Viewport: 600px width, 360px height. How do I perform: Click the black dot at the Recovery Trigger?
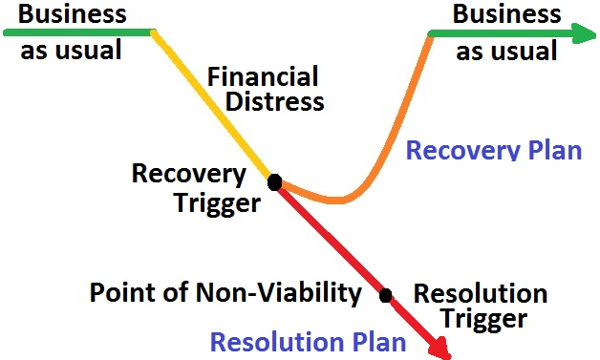[275, 182]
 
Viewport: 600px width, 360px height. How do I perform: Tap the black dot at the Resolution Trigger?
[386, 296]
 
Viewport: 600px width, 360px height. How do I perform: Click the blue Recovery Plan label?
[494, 150]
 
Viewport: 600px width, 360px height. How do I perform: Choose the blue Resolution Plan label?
[308, 341]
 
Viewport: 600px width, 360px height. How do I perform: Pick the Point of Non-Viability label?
[225, 292]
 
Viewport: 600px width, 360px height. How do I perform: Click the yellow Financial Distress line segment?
[210, 105]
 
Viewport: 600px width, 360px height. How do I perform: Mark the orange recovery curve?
[382, 162]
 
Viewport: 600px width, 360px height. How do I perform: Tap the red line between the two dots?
[330, 239]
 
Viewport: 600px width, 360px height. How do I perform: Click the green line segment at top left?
[76, 32]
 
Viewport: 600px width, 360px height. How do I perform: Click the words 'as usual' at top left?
[72, 50]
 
